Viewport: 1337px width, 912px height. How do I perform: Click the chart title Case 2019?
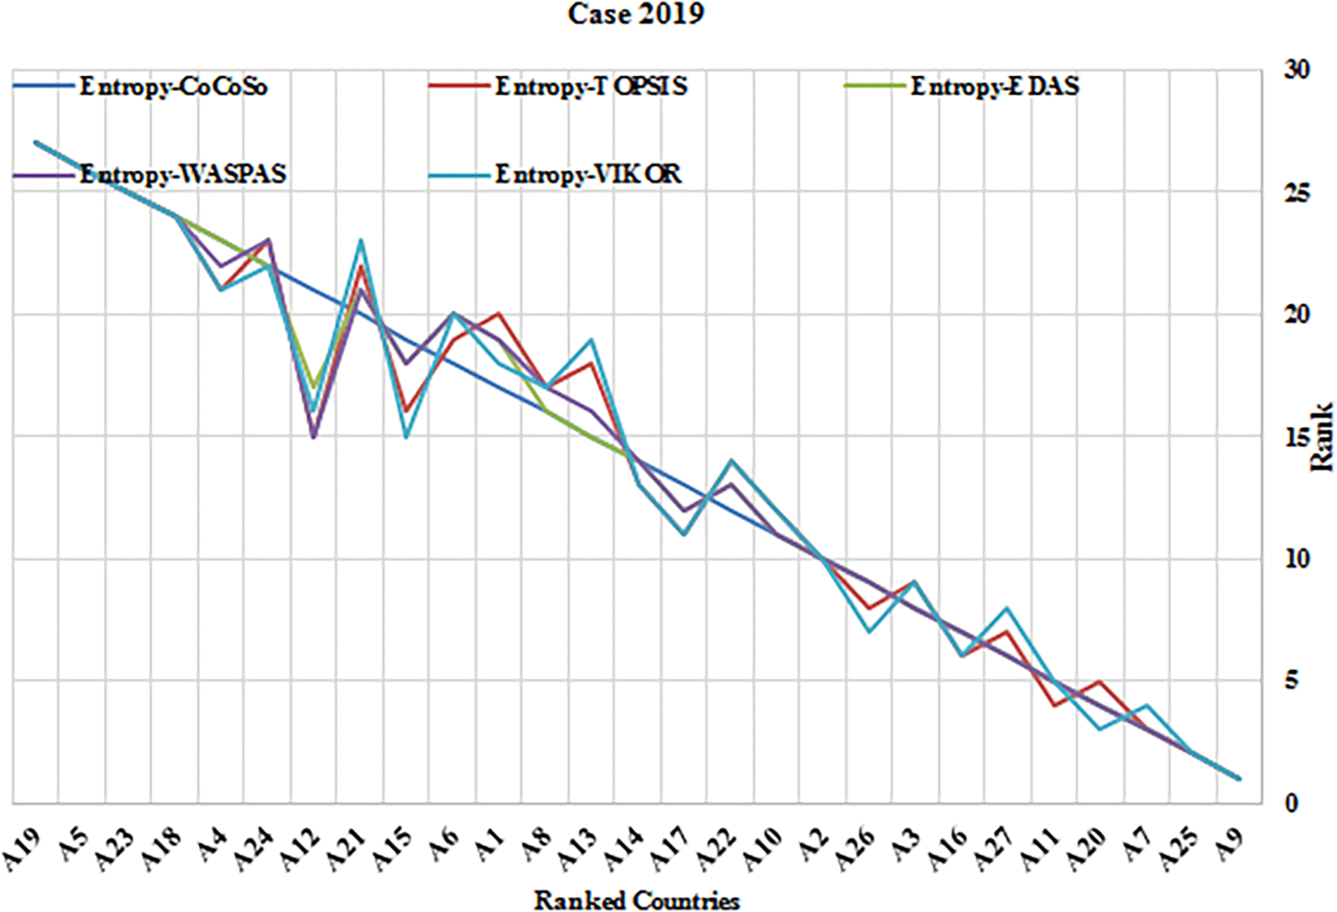click(x=635, y=14)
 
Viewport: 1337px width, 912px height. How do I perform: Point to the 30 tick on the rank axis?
click(x=1297, y=70)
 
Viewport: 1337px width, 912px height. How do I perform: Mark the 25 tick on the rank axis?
click(x=1297, y=192)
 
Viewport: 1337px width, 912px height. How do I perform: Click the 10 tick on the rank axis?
click(x=1297, y=559)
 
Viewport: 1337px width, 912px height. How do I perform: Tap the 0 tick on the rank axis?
click(x=1291, y=803)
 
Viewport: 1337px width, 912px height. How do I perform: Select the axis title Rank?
click(x=1322, y=437)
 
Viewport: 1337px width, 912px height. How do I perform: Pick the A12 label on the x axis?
click(x=301, y=851)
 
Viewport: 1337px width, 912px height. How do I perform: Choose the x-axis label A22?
click(x=718, y=851)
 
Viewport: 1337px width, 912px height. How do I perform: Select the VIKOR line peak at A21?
click(x=361, y=240)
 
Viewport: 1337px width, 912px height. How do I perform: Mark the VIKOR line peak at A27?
click(x=1007, y=608)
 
